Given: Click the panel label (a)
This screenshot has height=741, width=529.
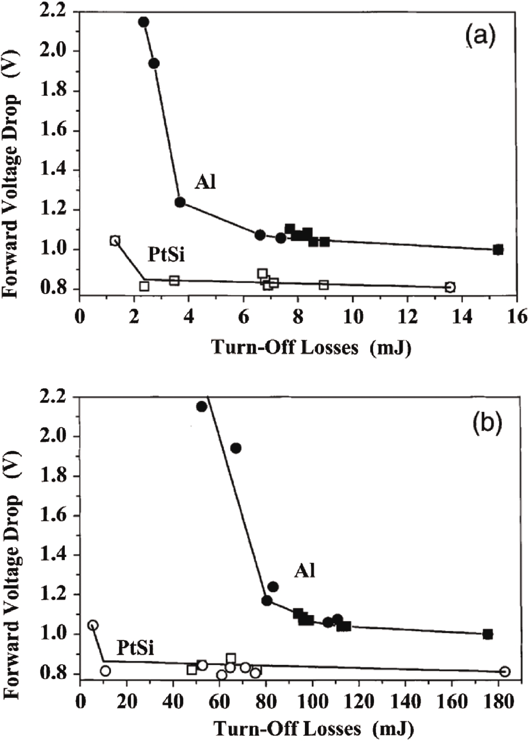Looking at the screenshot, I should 480,36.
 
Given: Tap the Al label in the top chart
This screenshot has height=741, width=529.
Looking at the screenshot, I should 205,183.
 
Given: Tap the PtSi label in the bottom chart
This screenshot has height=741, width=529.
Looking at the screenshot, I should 136,648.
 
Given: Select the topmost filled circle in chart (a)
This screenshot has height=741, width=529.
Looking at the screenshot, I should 144,22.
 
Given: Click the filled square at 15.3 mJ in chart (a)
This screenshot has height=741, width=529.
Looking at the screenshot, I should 498,250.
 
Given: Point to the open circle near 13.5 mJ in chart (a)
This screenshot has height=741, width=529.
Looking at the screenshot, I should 450,287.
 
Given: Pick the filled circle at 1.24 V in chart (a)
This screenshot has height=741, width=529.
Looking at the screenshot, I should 180,202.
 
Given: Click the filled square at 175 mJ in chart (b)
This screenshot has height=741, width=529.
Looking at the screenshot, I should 487,634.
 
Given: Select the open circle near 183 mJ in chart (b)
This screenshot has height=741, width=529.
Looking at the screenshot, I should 505,672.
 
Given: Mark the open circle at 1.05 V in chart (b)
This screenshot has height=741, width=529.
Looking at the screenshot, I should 93,625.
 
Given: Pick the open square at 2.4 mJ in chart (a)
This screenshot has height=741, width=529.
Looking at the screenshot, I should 144,286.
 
